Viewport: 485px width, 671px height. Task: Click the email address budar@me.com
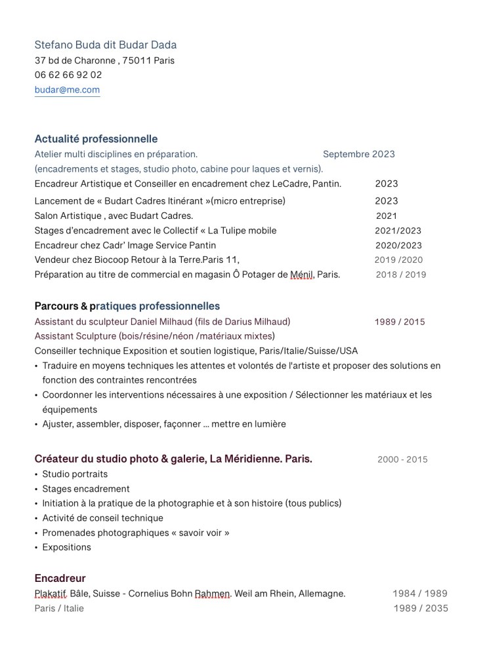click(67, 90)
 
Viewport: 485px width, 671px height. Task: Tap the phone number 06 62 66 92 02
click(68, 75)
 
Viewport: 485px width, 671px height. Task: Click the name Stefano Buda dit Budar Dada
click(105, 45)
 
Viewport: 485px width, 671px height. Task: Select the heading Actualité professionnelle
click(96, 139)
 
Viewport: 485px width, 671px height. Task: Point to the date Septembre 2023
click(359, 154)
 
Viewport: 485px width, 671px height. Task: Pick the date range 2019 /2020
click(398, 259)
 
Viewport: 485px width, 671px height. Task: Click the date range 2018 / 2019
click(400, 275)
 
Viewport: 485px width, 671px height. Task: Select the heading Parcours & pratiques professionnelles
click(127, 306)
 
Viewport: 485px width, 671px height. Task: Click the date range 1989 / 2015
click(400, 322)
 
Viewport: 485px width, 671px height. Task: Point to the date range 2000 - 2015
click(402, 459)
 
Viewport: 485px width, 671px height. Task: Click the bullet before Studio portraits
click(36, 474)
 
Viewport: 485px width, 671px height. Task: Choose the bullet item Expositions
click(66, 547)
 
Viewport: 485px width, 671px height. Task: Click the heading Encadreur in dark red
click(60, 579)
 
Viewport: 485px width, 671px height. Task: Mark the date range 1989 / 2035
click(421, 608)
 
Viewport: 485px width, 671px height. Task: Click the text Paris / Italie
click(59, 608)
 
